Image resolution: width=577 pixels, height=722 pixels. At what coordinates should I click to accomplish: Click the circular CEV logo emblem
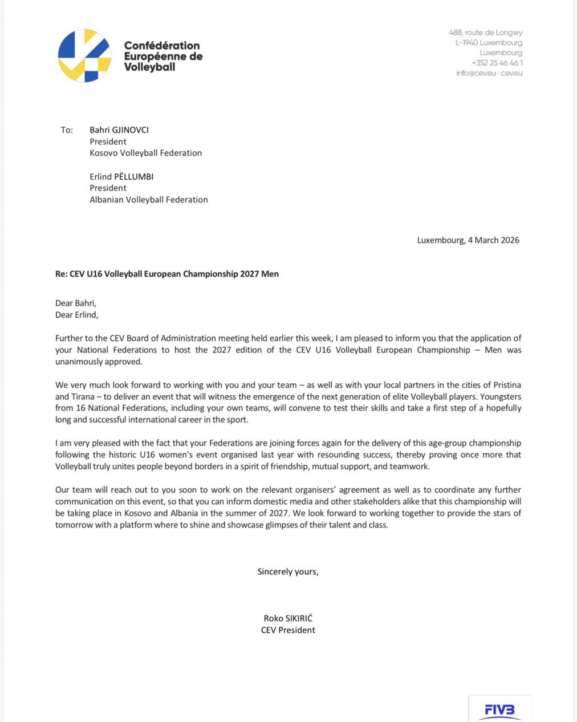[x=84, y=56]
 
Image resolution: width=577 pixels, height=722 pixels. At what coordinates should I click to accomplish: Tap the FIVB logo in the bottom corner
[x=499, y=709]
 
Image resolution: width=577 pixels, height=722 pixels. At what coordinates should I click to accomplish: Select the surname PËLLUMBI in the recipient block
[x=133, y=177]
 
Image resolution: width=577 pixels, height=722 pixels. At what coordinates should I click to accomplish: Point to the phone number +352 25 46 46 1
[x=497, y=63]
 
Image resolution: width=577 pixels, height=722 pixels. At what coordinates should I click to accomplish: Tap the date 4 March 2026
[x=493, y=240]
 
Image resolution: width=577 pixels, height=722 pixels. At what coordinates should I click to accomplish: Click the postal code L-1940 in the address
[x=466, y=43]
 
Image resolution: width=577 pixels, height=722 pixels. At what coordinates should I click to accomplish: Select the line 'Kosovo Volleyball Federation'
[x=145, y=153]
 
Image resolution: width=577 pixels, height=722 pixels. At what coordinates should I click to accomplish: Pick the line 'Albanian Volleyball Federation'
[x=148, y=200]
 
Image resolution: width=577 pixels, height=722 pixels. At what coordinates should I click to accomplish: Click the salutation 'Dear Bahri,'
[x=76, y=303]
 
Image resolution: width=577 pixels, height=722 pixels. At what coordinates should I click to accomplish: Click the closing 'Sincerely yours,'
[x=288, y=571]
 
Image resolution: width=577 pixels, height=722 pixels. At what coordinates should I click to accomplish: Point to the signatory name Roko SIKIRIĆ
[x=288, y=618]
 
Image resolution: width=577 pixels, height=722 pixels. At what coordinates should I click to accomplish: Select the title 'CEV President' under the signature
[x=288, y=630]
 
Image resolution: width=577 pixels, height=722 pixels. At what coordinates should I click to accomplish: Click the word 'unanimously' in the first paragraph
[x=77, y=362]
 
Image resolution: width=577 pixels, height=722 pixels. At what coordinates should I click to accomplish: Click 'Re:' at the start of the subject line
[x=61, y=274]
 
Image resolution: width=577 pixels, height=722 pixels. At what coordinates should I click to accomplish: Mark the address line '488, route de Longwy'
[x=485, y=33]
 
